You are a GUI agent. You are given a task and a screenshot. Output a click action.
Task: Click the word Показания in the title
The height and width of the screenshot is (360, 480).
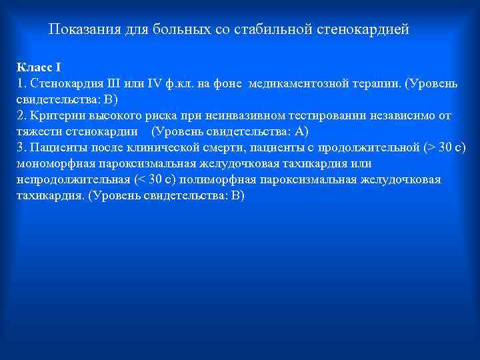(81, 30)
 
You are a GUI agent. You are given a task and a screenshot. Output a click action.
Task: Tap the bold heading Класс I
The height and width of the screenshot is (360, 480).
(38, 67)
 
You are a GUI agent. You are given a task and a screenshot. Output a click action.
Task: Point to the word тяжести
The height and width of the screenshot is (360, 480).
(37, 132)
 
